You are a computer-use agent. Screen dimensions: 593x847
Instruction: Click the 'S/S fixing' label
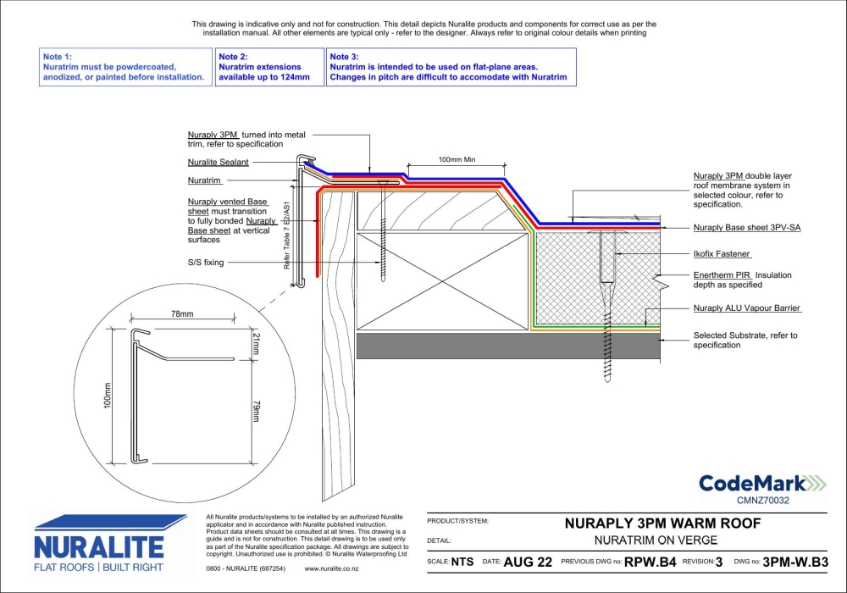point(206,263)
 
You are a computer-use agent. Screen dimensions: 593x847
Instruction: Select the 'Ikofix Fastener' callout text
point(722,253)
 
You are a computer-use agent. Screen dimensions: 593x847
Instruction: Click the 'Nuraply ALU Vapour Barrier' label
point(746,308)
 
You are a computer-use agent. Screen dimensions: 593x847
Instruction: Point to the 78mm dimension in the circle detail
point(182,314)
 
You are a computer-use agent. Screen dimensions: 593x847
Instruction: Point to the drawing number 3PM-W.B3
point(794,561)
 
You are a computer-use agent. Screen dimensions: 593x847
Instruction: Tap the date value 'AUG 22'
point(529,561)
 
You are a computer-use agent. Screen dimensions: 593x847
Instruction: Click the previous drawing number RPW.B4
point(650,561)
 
